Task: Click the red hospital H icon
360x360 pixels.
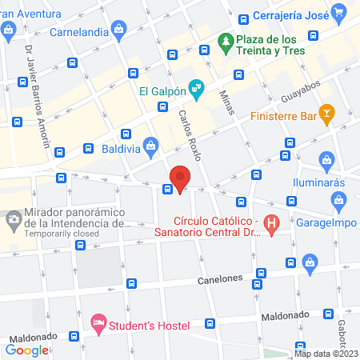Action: [272, 226]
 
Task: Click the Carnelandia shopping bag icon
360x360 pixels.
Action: [118, 30]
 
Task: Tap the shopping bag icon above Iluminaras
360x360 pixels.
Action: [326, 162]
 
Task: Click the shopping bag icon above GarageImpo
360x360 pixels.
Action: [310, 260]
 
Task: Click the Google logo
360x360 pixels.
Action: [26, 349]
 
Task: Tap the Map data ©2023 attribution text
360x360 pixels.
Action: [324, 353]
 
